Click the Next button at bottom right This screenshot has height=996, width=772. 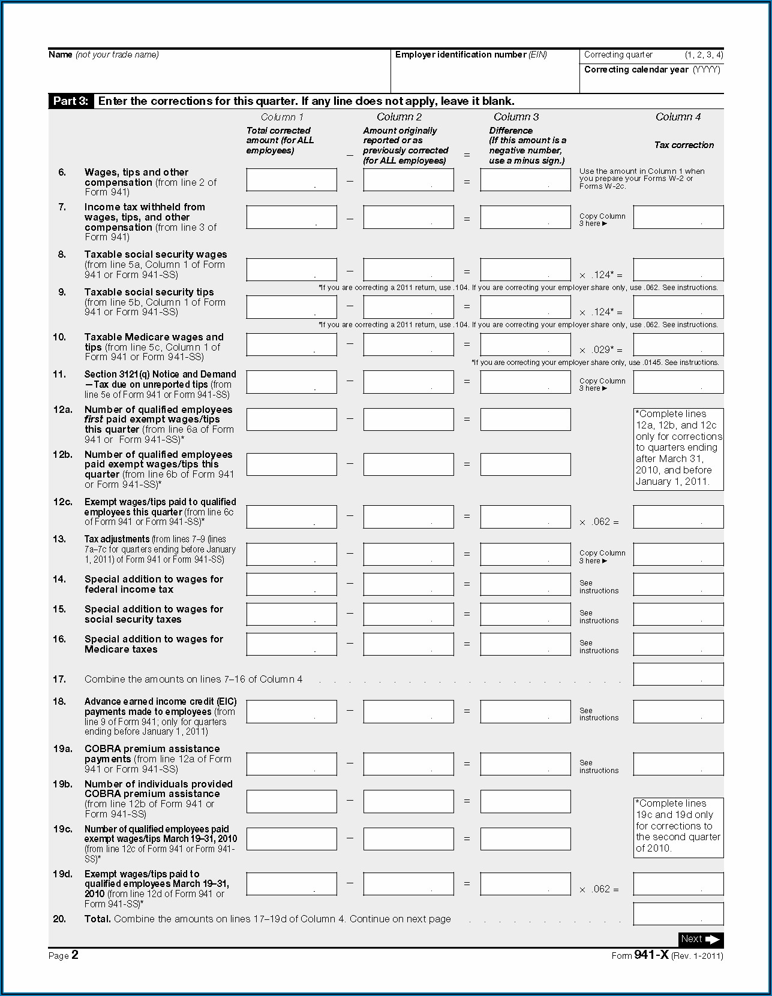pyautogui.click(x=701, y=939)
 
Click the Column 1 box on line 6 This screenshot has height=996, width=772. pyautogui.click(x=292, y=180)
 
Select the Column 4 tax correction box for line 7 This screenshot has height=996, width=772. pyautogui.click(x=678, y=218)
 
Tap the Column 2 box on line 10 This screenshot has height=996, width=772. pyautogui.click(x=408, y=345)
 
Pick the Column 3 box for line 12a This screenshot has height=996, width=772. pyautogui.click(x=525, y=419)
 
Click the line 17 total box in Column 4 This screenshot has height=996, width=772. pyautogui.click(x=678, y=675)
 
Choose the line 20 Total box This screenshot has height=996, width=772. pyautogui.click(x=678, y=914)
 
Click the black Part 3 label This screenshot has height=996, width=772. pyautogui.click(x=70, y=101)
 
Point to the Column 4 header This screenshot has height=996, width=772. pyautogui.click(x=678, y=117)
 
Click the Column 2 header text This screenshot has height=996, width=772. pyautogui.click(x=399, y=117)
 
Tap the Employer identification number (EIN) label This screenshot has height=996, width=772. pyautogui.click(x=471, y=55)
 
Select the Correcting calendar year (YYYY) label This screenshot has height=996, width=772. pyautogui.click(x=652, y=70)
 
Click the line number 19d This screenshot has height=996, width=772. pyautogui.click(x=62, y=874)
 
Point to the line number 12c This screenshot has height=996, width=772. pyautogui.click(x=62, y=502)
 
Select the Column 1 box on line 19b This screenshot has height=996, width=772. pyautogui.click(x=292, y=801)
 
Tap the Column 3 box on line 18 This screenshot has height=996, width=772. pyautogui.click(x=525, y=712)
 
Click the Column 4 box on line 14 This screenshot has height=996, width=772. pyautogui.click(x=678, y=584)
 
